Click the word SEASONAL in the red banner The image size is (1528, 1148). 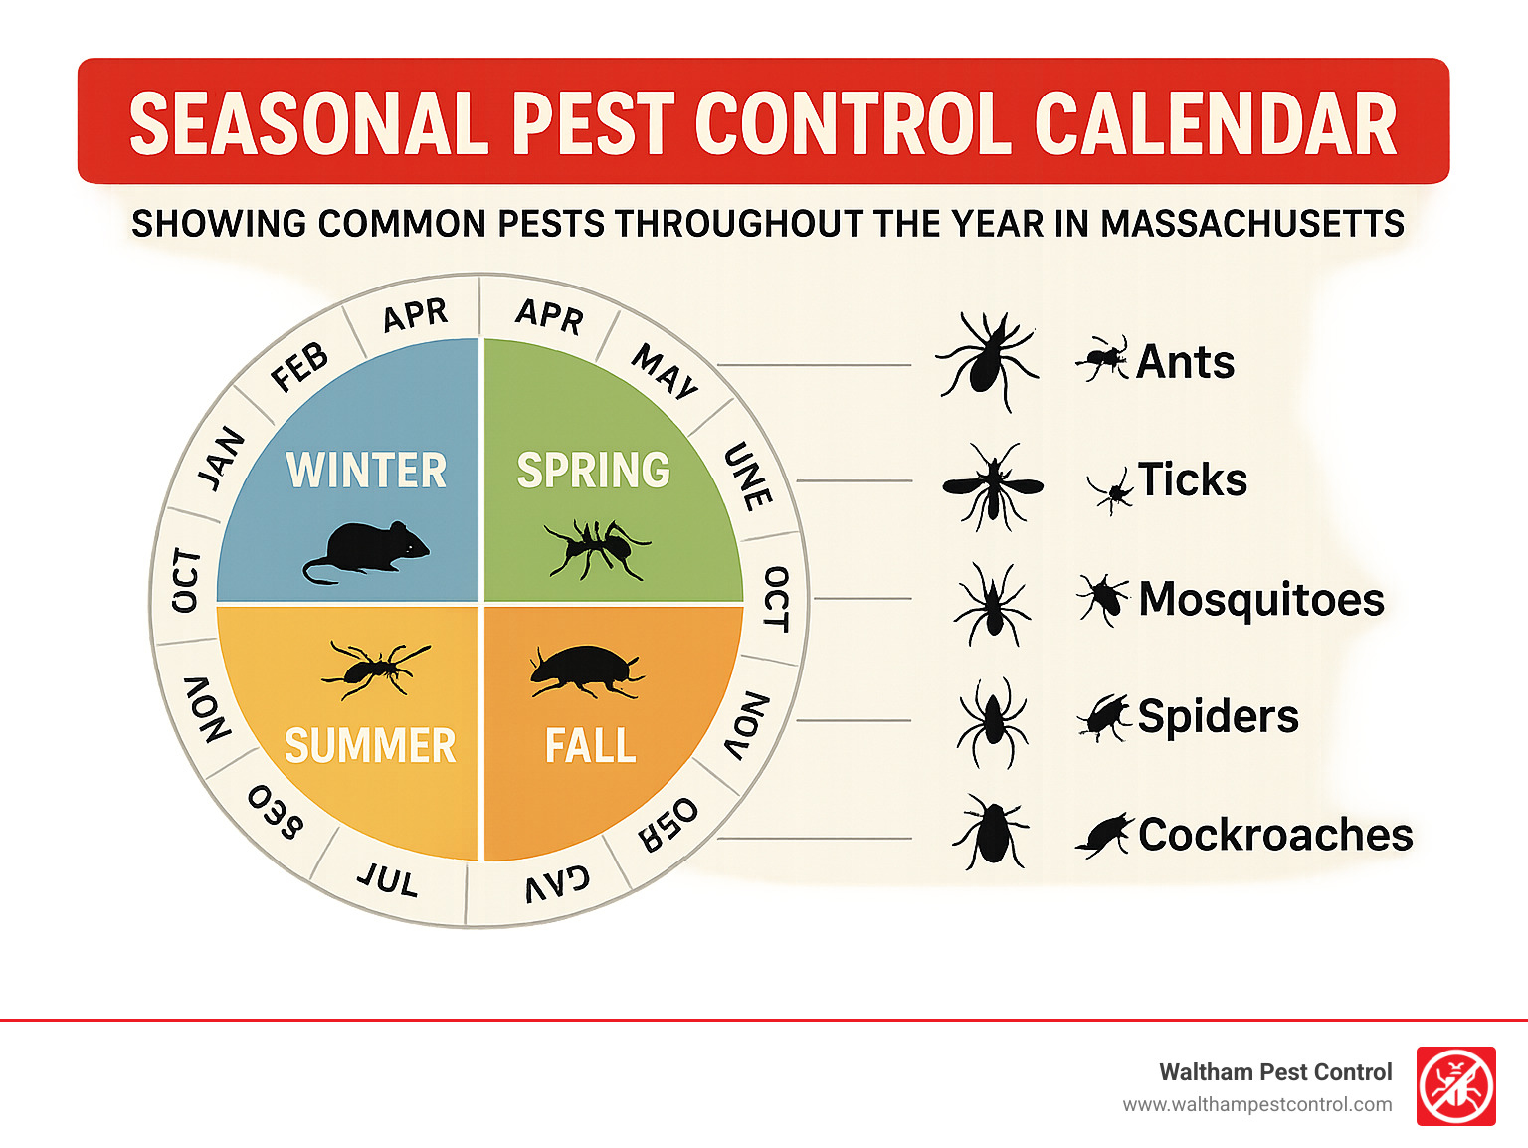pyautogui.click(x=308, y=124)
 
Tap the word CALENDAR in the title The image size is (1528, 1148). pyautogui.click(x=1216, y=124)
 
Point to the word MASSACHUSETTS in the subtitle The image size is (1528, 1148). pyautogui.click(x=1252, y=224)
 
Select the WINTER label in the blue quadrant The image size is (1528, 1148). pyautogui.click(x=366, y=471)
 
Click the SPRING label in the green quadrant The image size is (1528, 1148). pyautogui.click(x=594, y=471)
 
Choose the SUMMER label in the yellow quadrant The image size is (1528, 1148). pyautogui.click(x=370, y=746)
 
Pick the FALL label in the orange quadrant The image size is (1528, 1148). pyautogui.click(x=591, y=746)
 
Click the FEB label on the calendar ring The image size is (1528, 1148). pyautogui.click(x=299, y=367)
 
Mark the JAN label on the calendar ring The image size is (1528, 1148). pyautogui.click(x=222, y=458)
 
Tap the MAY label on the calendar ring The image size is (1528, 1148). pyautogui.click(x=666, y=372)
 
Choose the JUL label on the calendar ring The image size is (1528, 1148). pyautogui.click(x=388, y=879)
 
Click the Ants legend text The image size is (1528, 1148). pyautogui.click(x=1185, y=362)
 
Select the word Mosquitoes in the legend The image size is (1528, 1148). pyautogui.click(x=1261, y=600)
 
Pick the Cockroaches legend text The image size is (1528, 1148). pyautogui.click(x=1275, y=835)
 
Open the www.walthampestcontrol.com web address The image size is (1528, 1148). pyautogui.click(x=1257, y=1105)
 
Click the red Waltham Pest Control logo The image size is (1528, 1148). pyautogui.click(x=1455, y=1086)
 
